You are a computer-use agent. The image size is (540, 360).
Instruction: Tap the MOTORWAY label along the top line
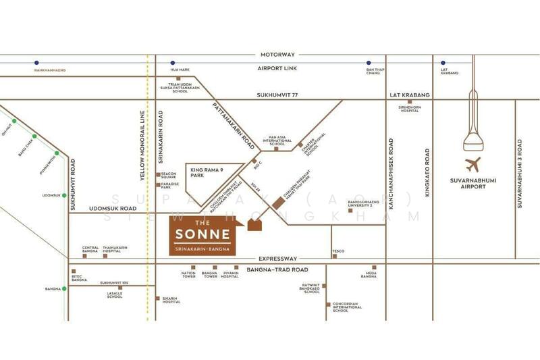(278, 54)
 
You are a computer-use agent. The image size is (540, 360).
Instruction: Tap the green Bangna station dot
(65, 289)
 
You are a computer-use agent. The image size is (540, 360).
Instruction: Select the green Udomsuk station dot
(65, 195)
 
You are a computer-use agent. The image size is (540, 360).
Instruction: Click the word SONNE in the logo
(204, 235)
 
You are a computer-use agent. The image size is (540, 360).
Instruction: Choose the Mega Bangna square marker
(369, 267)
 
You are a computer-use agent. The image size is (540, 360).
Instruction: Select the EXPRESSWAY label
(278, 258)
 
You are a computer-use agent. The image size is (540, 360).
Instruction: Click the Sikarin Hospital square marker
(159, 297)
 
